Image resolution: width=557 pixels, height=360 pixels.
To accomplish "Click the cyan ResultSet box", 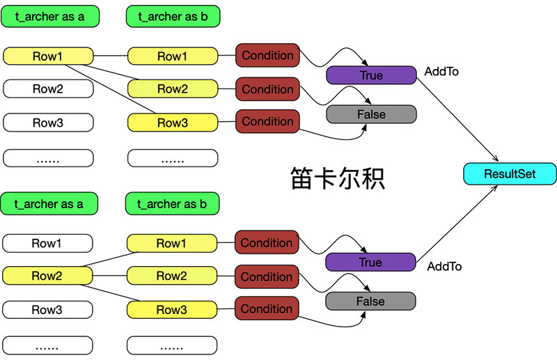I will (x=510, y=173).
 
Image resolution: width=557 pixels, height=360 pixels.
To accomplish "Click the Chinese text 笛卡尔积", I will (x=337, y=178).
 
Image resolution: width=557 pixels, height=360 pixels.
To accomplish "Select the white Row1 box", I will (x=47, y=243).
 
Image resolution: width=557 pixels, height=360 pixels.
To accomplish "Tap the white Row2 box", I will (x=48, y=88).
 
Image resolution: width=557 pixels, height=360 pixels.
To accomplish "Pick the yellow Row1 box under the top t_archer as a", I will (x=48, y=56).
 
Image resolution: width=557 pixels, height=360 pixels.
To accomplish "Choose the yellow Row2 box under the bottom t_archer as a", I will (x=47, y=276).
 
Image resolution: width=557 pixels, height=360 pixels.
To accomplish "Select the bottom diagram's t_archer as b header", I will (x=172, y=204).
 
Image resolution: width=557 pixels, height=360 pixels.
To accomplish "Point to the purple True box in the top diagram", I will (x=371, y=75).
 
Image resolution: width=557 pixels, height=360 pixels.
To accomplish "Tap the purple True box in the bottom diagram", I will (x=370, y=263).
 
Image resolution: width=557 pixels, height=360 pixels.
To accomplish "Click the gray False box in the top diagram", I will (x=371, y=114).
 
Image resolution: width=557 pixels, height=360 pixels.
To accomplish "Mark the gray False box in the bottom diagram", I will (x=370, y=302).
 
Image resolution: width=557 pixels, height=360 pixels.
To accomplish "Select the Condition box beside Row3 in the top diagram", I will (x=267, y=121).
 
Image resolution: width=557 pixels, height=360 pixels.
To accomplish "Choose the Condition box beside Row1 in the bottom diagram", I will (x=267, y=243).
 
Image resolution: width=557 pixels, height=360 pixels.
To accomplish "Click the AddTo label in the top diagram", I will (x=441, y=72).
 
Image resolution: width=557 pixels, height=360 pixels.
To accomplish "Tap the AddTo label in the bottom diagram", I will (x=444, y=266).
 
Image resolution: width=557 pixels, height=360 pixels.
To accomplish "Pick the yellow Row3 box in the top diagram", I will (x=172, y=123).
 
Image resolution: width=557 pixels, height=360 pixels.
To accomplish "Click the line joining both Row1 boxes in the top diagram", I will (x=110, y=56).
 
